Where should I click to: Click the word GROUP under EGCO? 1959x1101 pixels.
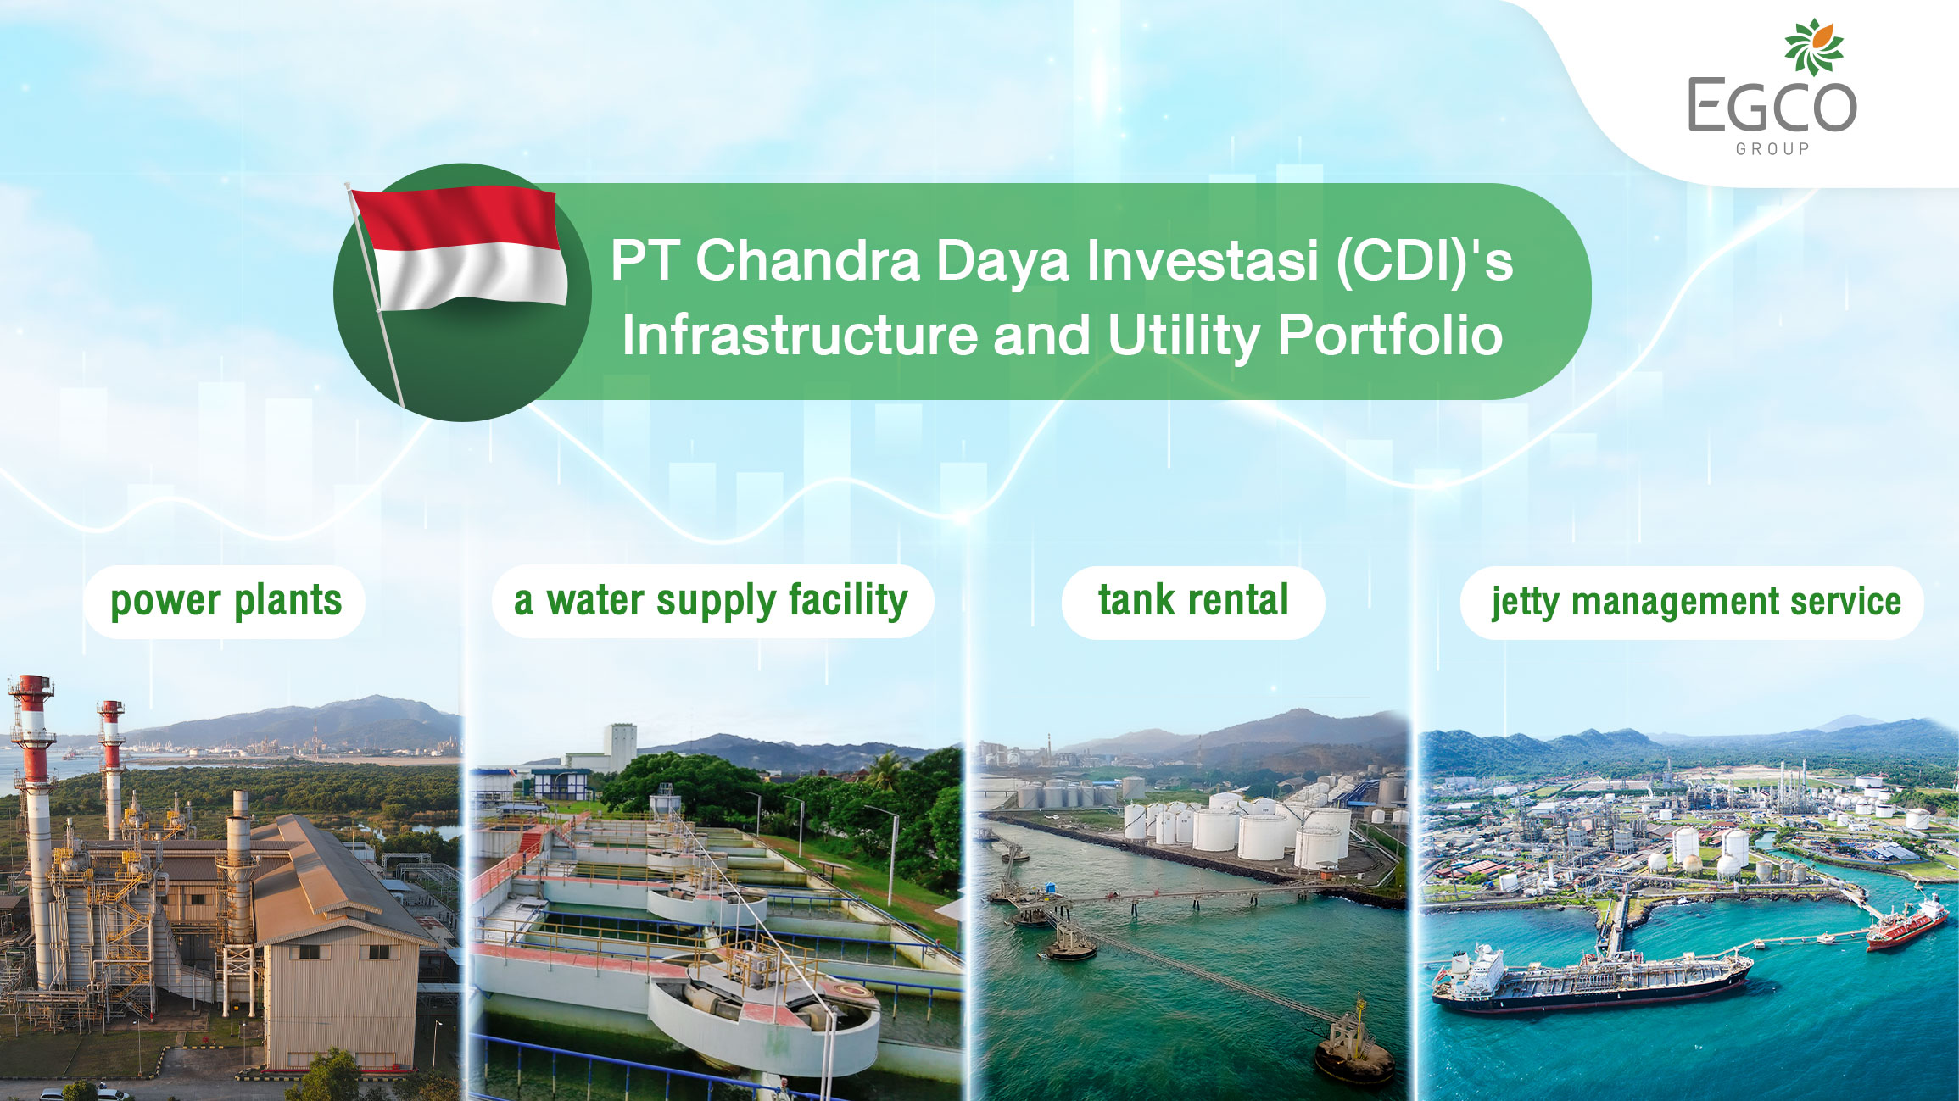point(1772,149)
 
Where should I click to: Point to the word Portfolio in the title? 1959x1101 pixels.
point(1390,335)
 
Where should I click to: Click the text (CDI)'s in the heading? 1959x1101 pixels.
point(1425,260)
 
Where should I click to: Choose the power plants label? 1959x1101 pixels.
point(226,602)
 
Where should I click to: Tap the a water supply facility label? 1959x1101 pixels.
point(712,601)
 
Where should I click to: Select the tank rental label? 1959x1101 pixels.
point(1193,601)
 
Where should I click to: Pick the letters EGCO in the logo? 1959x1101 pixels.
point(1772,105)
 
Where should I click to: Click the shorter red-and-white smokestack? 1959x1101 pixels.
point(111,767)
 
